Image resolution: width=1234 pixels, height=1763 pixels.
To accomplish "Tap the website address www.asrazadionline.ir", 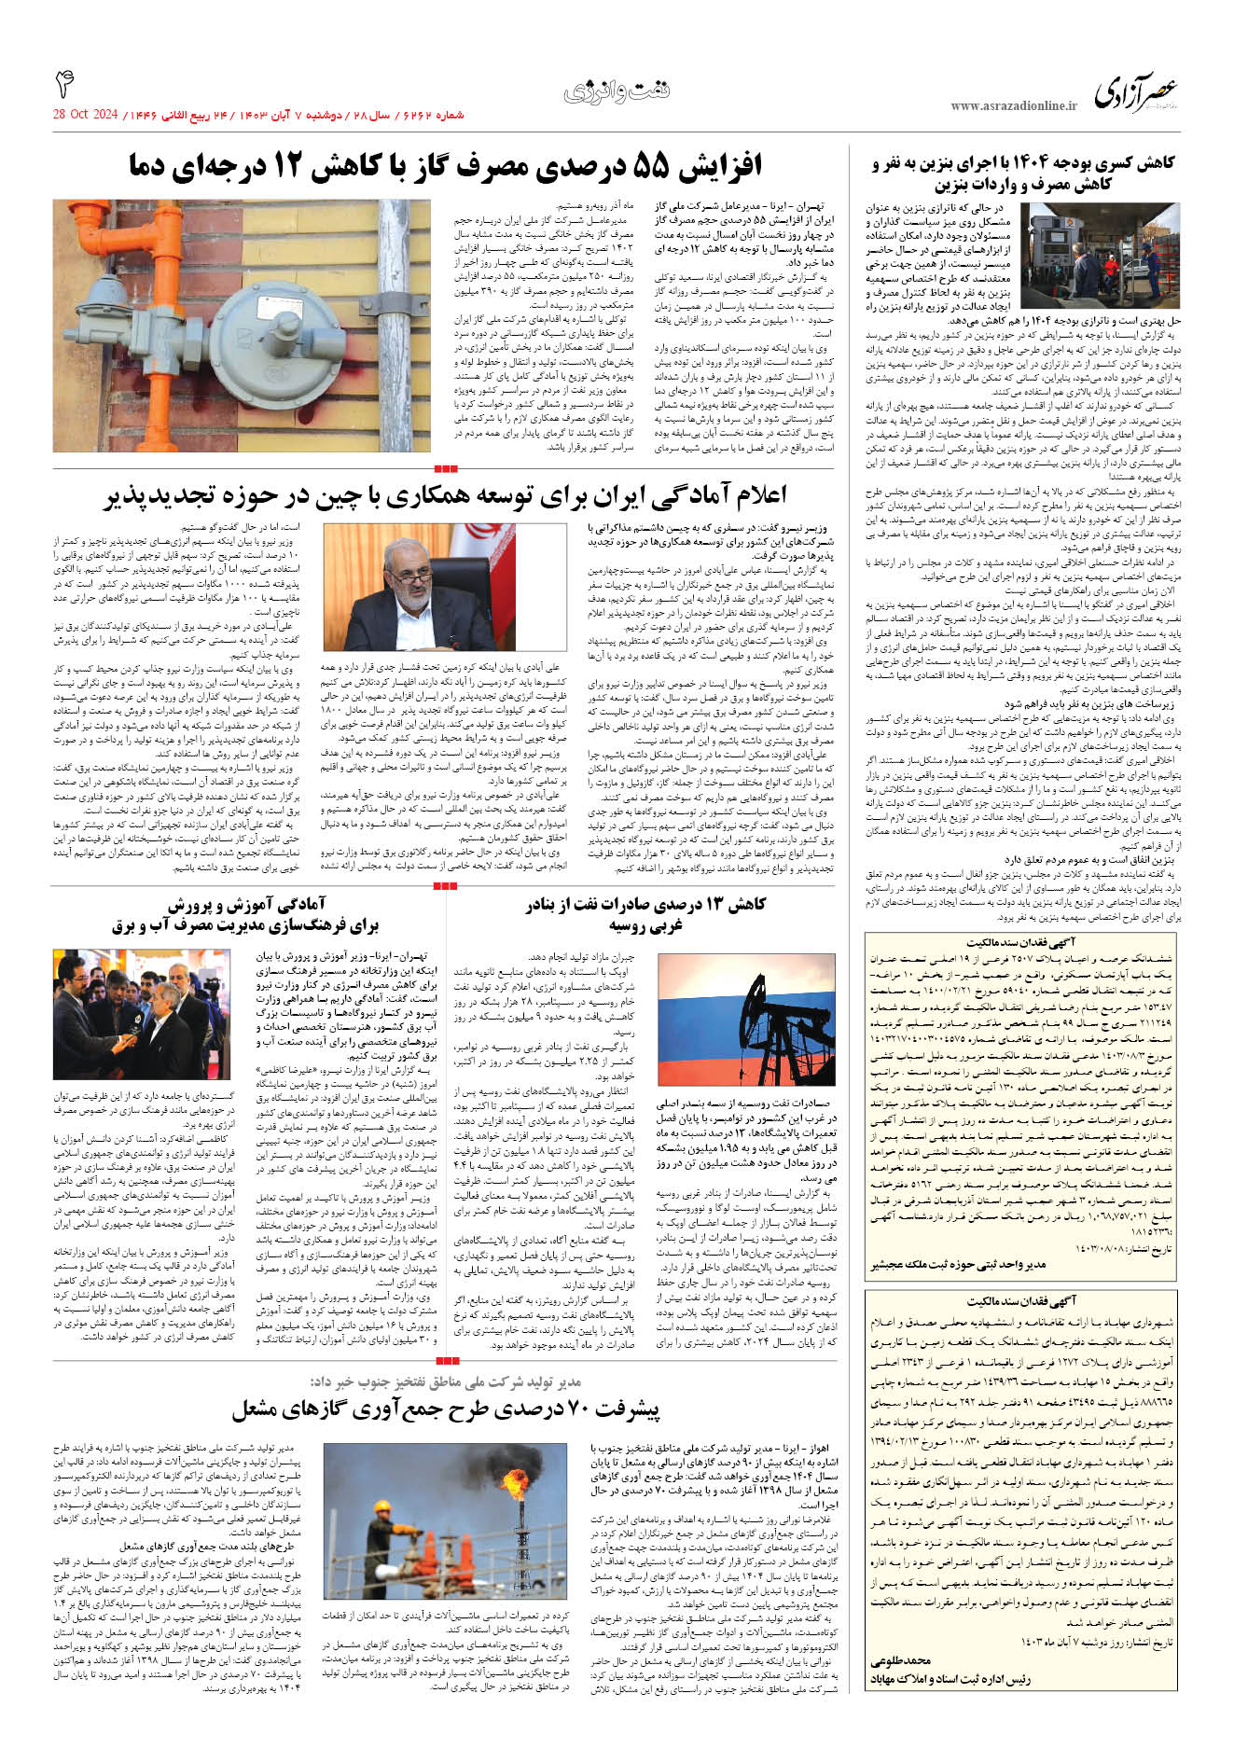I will [x=1014, y=106].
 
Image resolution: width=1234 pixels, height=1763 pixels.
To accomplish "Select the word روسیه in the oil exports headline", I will [x=633, y=925].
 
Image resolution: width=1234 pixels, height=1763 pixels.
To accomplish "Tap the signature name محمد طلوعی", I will [x=901, y=1660].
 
